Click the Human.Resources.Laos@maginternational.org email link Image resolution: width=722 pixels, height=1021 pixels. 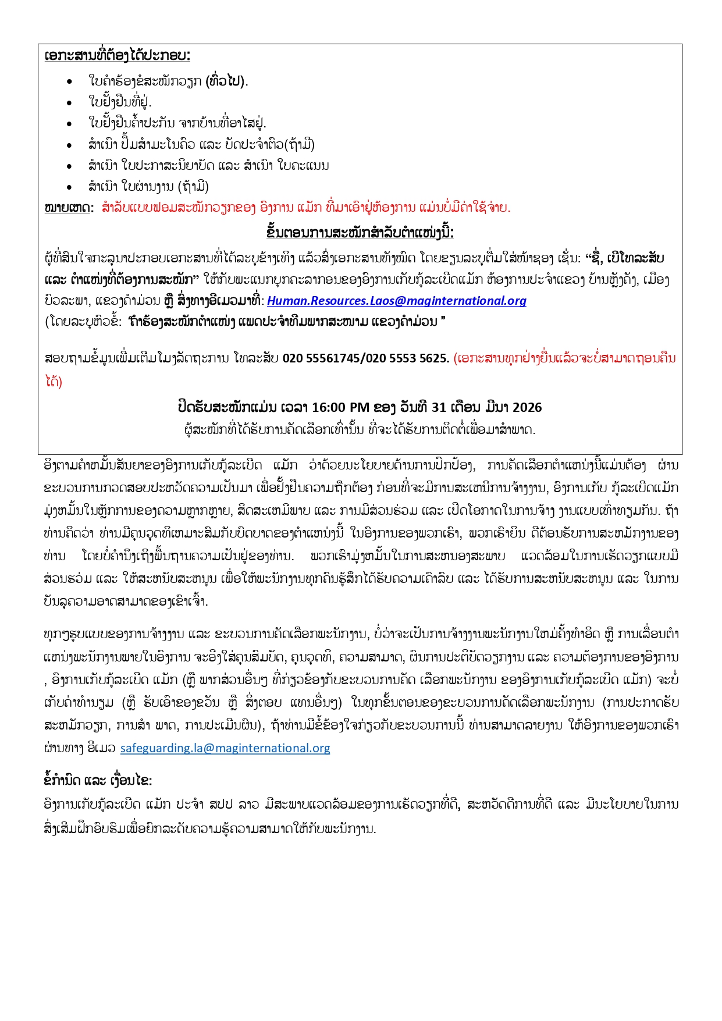(396, 301)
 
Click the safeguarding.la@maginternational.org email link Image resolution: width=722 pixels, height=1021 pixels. (225, 748)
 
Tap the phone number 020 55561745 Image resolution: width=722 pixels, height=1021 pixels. (322, 358)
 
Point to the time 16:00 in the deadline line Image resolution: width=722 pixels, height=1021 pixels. (329, 407)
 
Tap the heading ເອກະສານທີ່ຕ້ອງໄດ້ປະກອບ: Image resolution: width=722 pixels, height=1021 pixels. (117, 56)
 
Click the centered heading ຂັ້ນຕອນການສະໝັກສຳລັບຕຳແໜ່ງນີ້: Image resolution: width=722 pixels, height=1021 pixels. (360, 233)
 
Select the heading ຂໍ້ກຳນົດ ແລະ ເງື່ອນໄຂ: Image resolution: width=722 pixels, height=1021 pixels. (98, 780)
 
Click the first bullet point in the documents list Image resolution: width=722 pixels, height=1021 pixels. (70, 81)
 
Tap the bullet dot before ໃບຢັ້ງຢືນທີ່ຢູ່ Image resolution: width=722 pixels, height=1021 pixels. (70, 102)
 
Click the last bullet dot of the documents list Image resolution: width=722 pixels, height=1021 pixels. (70, 187)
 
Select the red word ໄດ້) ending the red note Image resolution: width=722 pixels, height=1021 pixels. (54, 382)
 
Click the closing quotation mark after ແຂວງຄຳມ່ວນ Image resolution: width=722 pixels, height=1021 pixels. (443, 321)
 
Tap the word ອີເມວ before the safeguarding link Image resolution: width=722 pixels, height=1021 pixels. (102, 748)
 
